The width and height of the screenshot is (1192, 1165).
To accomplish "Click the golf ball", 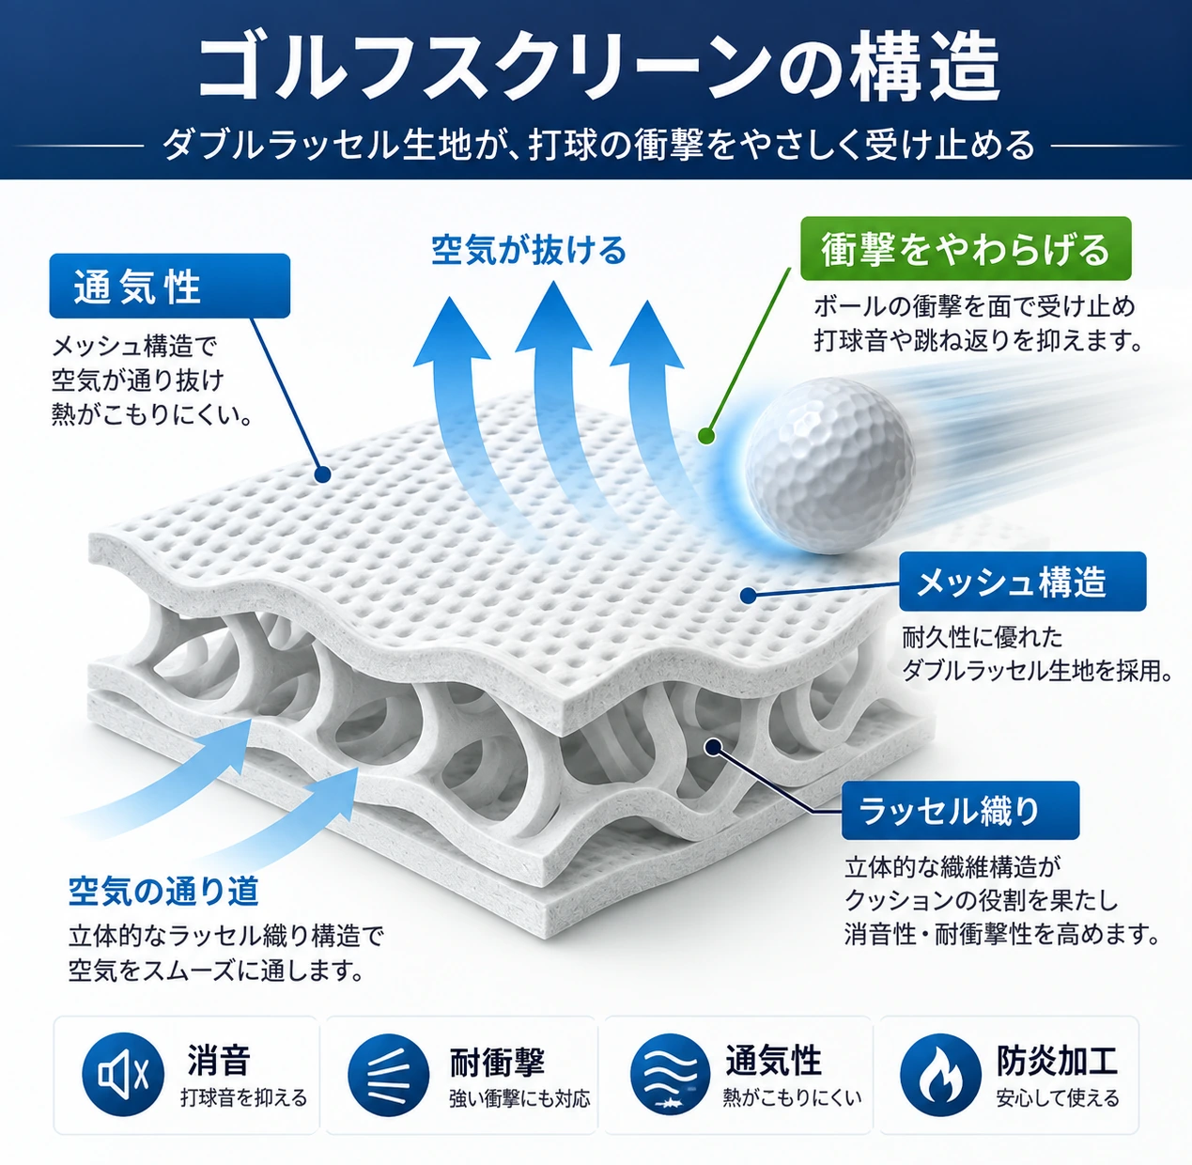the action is pyautogui.click(x=830, y=466).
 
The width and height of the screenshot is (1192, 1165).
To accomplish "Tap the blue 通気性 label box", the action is pyautogui.click(x=170, y=286).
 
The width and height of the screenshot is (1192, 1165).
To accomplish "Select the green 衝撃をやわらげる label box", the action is pyautogui.click(x=966, y=249).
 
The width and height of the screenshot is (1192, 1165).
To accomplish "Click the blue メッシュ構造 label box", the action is pyautogui.click(x=1022, y=582).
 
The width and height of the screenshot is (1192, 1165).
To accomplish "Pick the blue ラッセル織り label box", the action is pyautogui.click(x=961, y=811).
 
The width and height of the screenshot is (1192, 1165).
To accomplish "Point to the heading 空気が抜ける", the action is pyautogui.click(x=529, y=250).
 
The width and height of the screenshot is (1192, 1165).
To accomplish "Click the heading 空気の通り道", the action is pyautogui.click(x=163, y=892).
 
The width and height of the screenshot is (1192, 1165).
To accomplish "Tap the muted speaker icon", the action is pyautogui.click(x=123, y=1074).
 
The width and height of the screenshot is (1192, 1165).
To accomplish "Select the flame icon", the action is pyautogui.click(x=940, y=1074).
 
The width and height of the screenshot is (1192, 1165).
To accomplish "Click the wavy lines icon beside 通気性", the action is pyautogui.click(x=670, y=1074).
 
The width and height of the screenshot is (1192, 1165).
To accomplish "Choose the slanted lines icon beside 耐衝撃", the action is pyautogui.click(x=388, y=1074).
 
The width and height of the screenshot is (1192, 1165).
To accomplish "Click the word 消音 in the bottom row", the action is pyautogui.click(x=219, y=1061).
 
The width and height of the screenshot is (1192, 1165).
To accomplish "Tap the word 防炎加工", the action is pyautogui.click(x=1057, y=1061).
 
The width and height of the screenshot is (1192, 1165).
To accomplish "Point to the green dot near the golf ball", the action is pyautogui.click(x=706, y=436).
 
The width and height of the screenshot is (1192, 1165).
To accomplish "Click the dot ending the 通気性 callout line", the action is pyautogui.click(x=322, y=474).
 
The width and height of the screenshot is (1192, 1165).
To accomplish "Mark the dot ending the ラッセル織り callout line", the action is pyautogui.click(x=712, y=747).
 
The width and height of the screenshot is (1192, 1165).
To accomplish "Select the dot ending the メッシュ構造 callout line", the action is pyautogui.click(x=747, y=595).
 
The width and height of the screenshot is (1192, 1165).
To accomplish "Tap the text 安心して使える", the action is pyautogui.click(x=1058, y=1097).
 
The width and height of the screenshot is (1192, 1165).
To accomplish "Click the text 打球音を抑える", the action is pyautogui.click(x=244, y=1097).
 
